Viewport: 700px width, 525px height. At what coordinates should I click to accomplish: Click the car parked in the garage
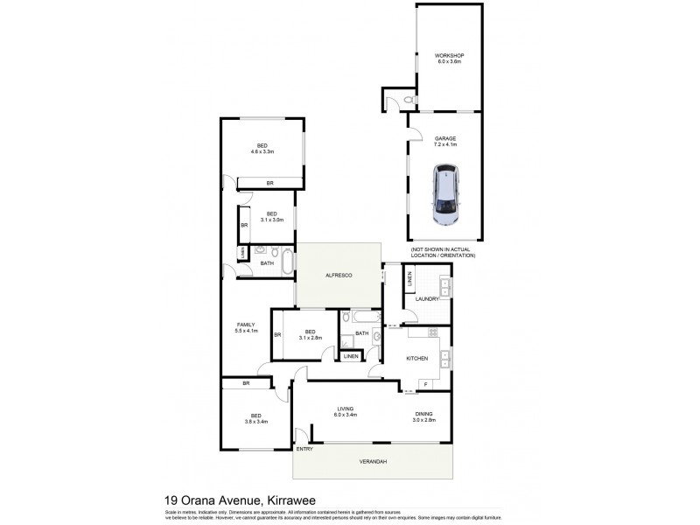(x=445, y=198)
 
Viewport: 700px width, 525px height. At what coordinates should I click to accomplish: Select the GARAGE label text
(x=444, y=138)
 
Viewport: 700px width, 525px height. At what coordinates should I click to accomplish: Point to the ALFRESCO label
(x=338, y=276)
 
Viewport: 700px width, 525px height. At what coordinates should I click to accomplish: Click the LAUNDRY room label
(x=427, y=299)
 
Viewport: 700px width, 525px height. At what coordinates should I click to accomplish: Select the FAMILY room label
(x=245, y=325)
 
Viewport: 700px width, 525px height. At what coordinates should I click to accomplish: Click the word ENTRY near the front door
(x=304, y=449)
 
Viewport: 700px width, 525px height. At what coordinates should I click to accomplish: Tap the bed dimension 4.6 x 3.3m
(x=262, y=151)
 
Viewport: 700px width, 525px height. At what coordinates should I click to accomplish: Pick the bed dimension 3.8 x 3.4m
(x=256, y=421)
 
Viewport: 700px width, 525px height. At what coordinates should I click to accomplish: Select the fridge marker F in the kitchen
(x=425, y=384)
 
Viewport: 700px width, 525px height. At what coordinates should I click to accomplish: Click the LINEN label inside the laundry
(x=409, y=283)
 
